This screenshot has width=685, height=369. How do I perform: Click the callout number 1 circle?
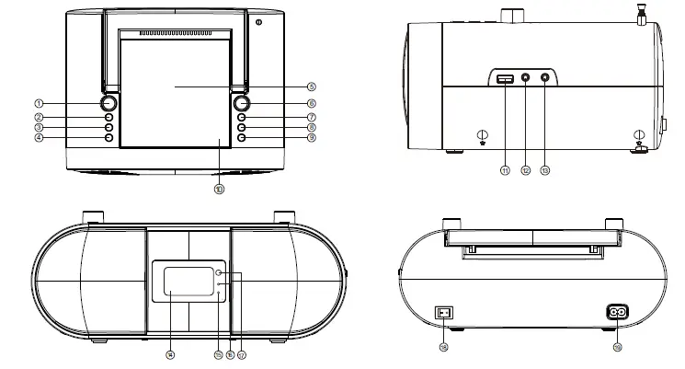coord(40,104)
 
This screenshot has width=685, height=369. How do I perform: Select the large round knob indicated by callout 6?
coord(242,104)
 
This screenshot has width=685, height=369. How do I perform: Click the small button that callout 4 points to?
coord(108,138)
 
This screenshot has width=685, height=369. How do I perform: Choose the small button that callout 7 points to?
coord(241,118)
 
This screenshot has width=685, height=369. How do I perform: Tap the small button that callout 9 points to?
coord(241,138)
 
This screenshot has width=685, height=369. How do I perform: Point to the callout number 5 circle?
coord(312,86)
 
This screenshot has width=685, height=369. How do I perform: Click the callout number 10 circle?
coord(219,189)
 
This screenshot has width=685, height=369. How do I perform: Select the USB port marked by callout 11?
coord(505,81)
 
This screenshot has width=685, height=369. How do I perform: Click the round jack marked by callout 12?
coord(526,81)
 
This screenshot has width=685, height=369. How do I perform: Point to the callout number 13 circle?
coord(546,169)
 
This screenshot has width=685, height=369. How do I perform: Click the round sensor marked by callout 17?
coord(218,273)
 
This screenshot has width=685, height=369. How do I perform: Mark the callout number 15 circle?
coord(218,353)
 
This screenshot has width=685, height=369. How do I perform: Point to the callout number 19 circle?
coord(617,348)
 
